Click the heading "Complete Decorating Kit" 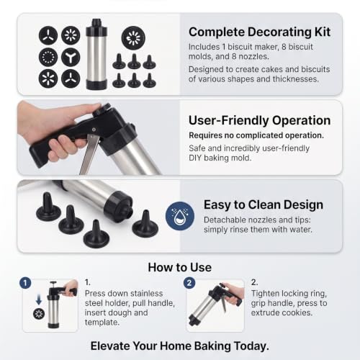point(259,32)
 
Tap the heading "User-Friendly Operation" point(260,120)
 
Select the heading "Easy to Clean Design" point(264,204)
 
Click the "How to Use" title point(180,267)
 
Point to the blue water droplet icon point(180,216)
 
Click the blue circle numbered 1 point(25,283)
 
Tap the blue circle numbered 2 point(189,283)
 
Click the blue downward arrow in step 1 point(39,300)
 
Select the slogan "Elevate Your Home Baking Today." point(180,346)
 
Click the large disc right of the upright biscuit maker point(133,38)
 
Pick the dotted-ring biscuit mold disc point(48,57)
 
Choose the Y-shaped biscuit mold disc point(71,57)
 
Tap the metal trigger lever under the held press point(89,154)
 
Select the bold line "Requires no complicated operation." point(256,135)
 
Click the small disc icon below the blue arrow point(39,314)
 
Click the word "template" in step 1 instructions point(102,323)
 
